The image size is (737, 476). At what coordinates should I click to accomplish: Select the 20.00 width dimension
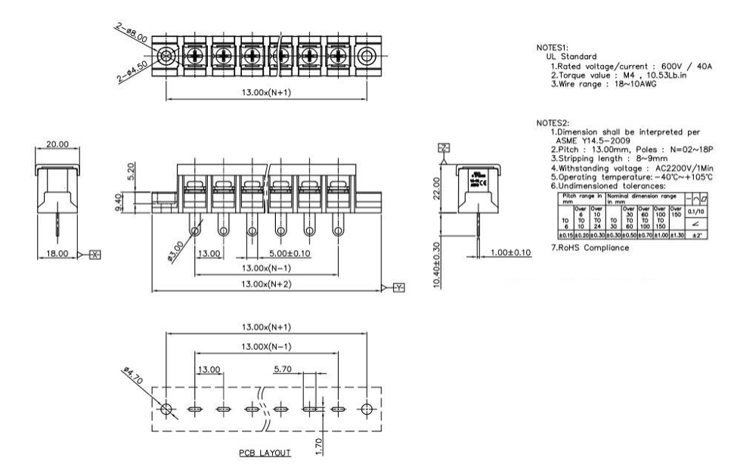pyautogui.click(x=57, y=144)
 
